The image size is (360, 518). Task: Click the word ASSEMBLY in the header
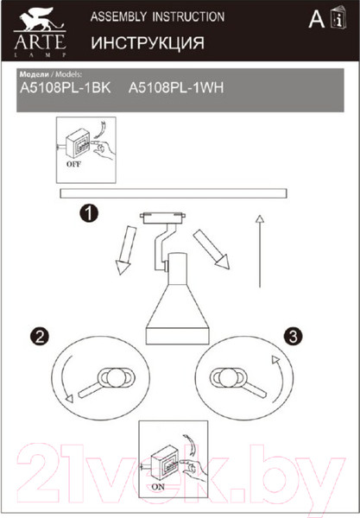coord(118,16)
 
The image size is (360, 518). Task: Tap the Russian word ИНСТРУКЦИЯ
coord(148,43)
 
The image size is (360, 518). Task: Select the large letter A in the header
coord(317,19)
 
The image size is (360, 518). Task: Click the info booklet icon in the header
coord(338,18)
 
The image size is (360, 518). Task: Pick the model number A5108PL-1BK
coord(66,88)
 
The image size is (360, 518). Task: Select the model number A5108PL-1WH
coord(176,88)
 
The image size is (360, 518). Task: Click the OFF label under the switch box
coord(73,164)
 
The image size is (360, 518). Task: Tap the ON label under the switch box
coord(158,487)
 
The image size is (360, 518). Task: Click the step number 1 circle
coord(89,213)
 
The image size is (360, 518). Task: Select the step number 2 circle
coord(40,337)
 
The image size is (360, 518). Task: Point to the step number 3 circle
coord(293,337)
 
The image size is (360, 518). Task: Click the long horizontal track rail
coord(174,193)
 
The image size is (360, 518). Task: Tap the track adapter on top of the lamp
coord(162,218)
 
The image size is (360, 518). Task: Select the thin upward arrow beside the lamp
coord(260,251)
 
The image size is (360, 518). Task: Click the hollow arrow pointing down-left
coord(127,250)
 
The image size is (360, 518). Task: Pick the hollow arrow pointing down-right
coord(212,249)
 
